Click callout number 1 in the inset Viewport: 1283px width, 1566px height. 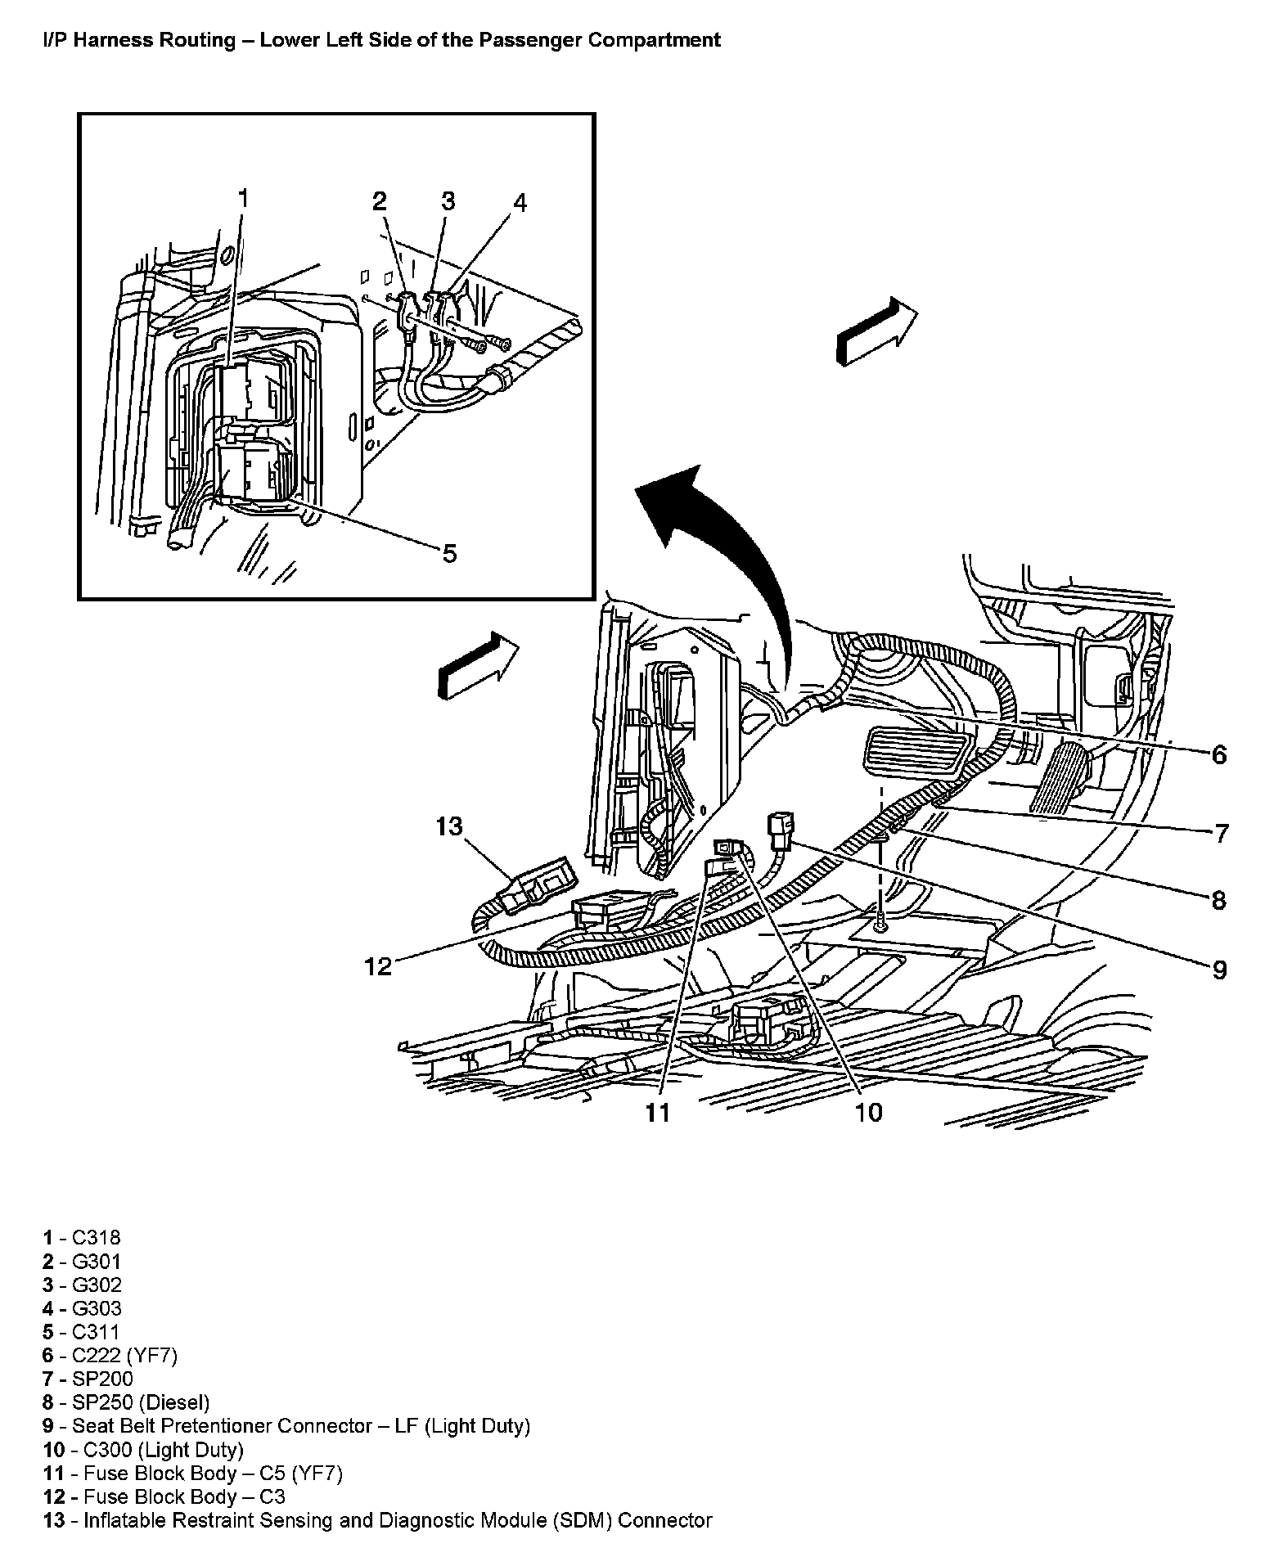point(242,199)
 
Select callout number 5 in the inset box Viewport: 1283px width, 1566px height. point(449,554)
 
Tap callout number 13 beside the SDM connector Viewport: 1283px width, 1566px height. point(449,826)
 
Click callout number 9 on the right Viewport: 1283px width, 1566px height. point(1218,970)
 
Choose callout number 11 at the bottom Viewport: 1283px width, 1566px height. point(658,1112)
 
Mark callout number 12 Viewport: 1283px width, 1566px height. point(379,966)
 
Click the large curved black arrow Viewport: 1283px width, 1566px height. point(720,556)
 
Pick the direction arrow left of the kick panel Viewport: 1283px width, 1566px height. point(479,664)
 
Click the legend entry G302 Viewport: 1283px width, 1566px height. point(82,1285)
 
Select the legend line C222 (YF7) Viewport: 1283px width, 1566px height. point(110,1355)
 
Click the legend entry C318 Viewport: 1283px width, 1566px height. point(82,1238)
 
